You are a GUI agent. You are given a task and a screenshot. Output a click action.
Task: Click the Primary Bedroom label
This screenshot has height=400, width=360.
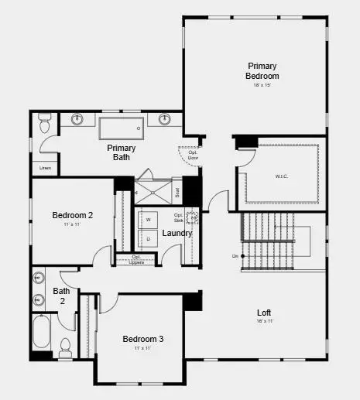[x=262, y=71]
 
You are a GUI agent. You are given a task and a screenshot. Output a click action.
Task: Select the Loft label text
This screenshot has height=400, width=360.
[x=264, y=313]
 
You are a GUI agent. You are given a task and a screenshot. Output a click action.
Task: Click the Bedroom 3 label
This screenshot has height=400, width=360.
[x=143, y=339]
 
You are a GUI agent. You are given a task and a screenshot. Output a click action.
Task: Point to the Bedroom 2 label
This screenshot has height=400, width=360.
[x=73, y=215]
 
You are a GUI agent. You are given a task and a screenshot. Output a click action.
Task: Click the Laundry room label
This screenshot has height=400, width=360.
[x=177, y=233]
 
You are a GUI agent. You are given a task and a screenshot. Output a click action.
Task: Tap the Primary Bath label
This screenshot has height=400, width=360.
[x=122, y=152]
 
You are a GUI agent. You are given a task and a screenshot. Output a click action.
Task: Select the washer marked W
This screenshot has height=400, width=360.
[x=148, y=219]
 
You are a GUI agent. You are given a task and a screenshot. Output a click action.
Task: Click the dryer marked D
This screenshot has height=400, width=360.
[x=148, y=238]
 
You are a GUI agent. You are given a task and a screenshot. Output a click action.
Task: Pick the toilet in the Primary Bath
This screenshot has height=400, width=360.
[x=45, y=124]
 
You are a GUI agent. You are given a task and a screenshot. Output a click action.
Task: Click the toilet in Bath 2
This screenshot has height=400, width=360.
[x=65, y=344]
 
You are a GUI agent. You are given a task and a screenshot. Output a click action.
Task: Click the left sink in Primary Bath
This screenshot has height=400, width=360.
[x=78, y=120]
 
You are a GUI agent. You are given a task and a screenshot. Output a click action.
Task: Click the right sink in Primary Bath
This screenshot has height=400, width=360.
[x=165, y=120]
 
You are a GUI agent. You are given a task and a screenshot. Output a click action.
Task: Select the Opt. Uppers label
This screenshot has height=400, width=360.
[x=136, y=259]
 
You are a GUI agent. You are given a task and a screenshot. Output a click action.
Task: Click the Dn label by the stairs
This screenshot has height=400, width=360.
[x=235, y=256]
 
